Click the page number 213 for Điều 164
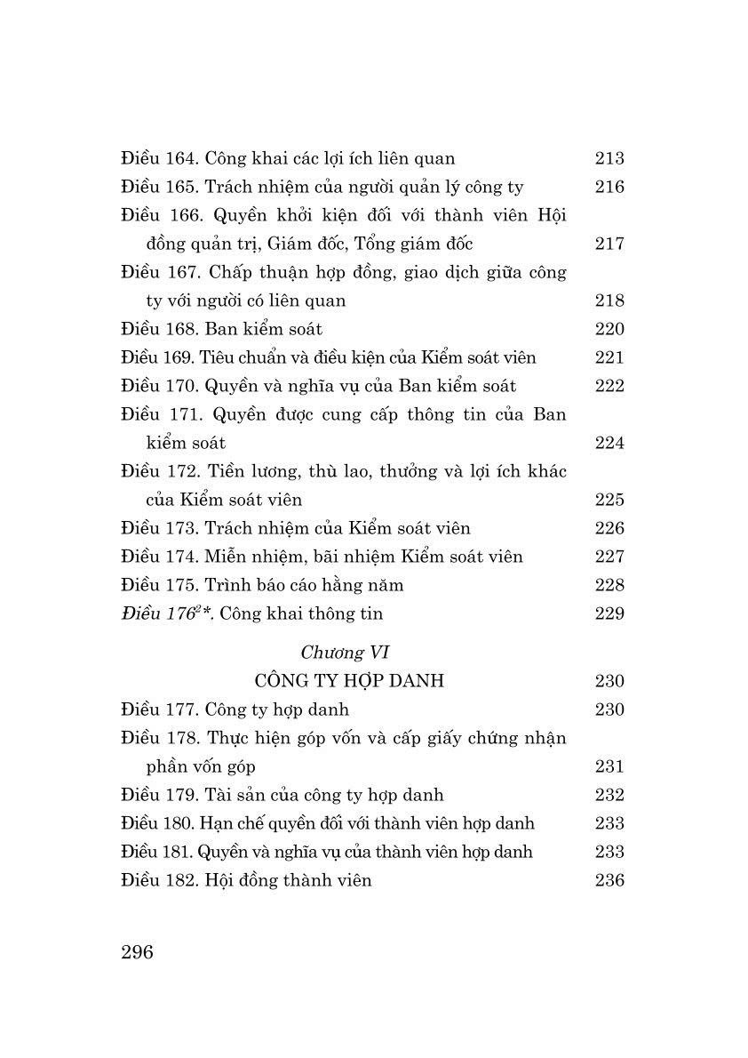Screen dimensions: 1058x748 (x=609, y=159)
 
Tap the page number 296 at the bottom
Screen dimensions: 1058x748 (x=137, y=952)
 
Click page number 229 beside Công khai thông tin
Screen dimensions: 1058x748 (x=609, y=613)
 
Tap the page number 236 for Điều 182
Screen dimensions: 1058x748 (x=609, y=880)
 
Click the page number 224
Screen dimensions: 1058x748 (x=609, y=443)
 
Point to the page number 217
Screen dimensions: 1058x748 (x=609, y=244)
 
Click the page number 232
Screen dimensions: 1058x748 (x=609, y=795)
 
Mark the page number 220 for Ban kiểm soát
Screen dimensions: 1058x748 (x=609, y=330)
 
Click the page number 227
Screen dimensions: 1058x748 (x=609, y=557)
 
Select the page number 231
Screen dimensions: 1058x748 (x=609, y=766)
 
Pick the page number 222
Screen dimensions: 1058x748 (x=609, y=386)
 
